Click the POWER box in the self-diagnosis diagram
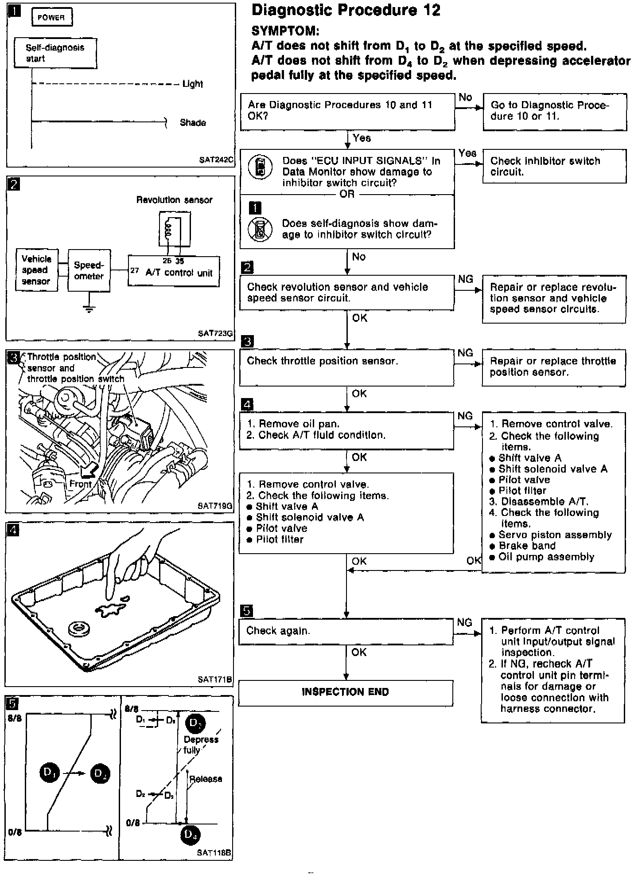click(x=51, y=18)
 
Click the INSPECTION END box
click(x=345, y=692)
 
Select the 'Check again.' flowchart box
click(x=346, y=631)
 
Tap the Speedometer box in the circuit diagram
click(x=89, y=270)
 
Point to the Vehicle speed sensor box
click(x=36, y=270)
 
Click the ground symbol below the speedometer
click(x=89, y=308)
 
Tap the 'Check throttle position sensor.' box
click(x=346, y=367)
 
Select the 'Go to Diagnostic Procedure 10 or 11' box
click(x=554, y=111)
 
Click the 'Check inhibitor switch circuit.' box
click(x=554, y=166)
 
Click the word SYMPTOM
click(x=285, y=31)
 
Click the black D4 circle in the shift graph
click(x=191, y=835)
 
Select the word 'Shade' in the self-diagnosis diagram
click(x=193, y=123)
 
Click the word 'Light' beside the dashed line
click(x=193, y=84)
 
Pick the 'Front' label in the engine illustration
click(x=80, y=484)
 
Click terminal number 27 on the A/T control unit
click(x=135, y=270)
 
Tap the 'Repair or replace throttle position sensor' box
click(x=553, y=367)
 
